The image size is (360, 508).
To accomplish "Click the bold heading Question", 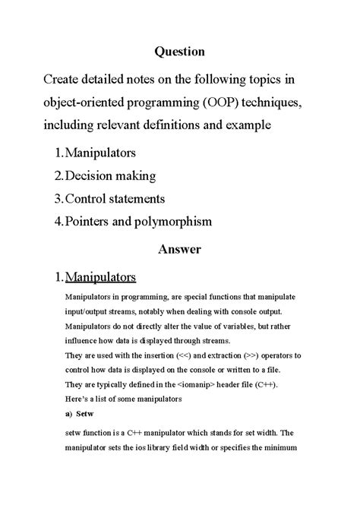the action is [x=180, y=52].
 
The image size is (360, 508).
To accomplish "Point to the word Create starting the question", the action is [x=63, y=78].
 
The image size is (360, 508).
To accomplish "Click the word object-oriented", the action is [x=84, y=101].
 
